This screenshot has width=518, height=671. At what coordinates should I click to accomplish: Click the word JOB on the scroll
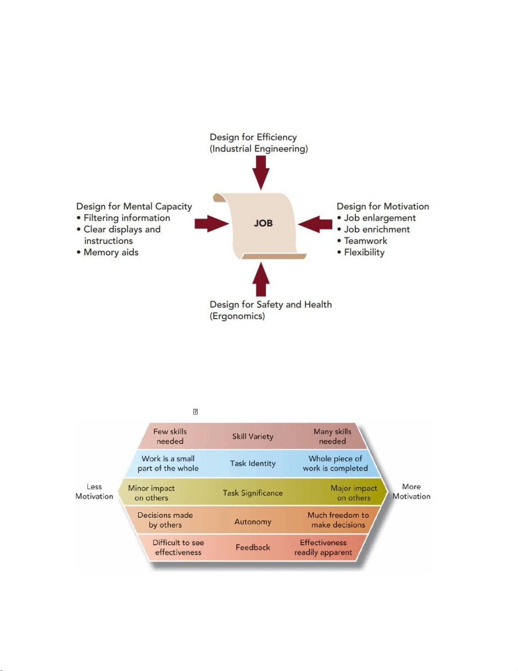click(263, 223)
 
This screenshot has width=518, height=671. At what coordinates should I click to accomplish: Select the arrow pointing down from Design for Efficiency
click(261, 173)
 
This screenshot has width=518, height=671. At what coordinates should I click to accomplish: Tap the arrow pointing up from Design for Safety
click(261, 279)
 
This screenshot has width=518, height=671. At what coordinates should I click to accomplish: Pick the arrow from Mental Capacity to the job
click(212, 224)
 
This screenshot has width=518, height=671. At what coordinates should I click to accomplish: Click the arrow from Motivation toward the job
click(315, 224)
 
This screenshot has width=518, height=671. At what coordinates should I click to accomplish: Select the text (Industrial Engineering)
click(259, 149)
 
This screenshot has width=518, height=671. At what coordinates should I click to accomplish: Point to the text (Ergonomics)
click(237, 316)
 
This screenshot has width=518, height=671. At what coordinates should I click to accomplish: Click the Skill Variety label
click(253, 436)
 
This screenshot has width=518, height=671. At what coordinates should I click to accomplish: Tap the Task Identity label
click(253, 463)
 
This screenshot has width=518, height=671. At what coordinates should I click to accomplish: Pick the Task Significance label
click(253, 493)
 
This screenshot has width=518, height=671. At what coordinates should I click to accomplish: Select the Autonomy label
click(253, 522)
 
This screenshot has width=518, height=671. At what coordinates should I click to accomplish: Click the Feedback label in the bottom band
click(253, 547)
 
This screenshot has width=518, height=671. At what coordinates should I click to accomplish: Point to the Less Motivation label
click(94, 491)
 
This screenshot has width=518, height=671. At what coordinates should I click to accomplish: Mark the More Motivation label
click(411, 491)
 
